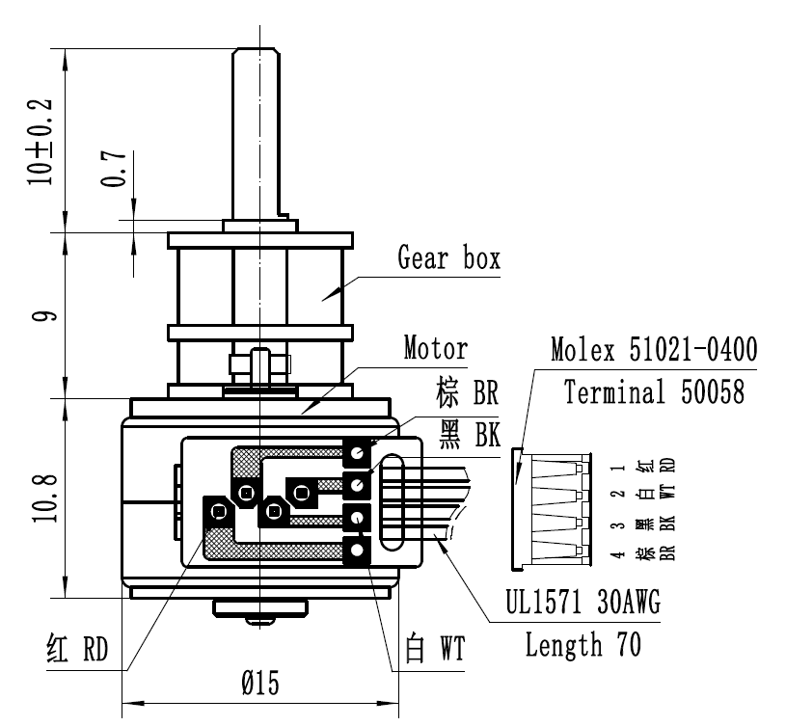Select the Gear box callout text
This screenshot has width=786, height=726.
(x=448, y=258)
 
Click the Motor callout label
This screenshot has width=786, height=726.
(x=435, y=347)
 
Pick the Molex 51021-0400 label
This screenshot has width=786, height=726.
(x=653, y=348)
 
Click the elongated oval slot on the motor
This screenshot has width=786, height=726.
(x=396, y=500)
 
